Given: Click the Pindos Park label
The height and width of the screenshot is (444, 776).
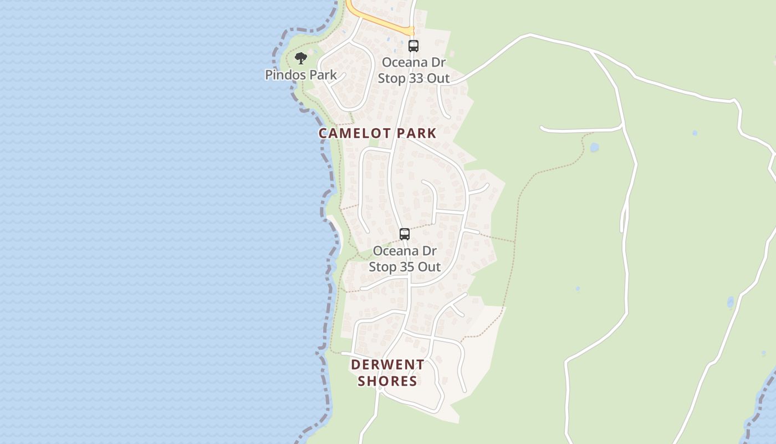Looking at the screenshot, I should (x=301, y=74).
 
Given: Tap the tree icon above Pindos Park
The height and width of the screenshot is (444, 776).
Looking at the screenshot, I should (x=301, y=58).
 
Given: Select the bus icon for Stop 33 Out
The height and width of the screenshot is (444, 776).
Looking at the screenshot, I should (x=413, y=46).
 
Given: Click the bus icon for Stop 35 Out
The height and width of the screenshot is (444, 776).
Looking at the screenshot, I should (x=405, y=234).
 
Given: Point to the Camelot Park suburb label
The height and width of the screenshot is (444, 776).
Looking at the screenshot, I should (x=377, y=133).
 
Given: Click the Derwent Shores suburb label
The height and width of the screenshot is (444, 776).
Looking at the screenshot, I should (x=387, y=372).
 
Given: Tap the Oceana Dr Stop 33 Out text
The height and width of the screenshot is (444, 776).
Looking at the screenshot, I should (x=413, y=70).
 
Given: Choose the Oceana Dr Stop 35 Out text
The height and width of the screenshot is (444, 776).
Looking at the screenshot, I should (x=405, y=259).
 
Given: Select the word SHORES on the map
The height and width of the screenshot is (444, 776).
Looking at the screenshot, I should (x=387, y=381).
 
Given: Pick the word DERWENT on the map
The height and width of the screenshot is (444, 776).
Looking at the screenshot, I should (x=387, y=365).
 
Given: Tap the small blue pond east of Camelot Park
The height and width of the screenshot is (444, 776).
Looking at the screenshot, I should (x=594, y=148).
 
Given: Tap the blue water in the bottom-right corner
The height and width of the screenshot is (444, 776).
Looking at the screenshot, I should (x=768, y=405).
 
